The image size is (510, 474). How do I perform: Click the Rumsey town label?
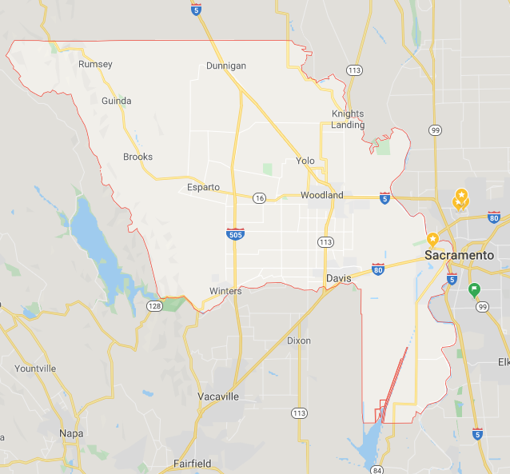tap(95, 64)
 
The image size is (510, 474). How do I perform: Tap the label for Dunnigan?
tap(226, 66)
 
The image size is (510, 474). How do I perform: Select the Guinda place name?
tap(117, 101)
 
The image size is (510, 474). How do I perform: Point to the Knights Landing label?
tap(348, 119)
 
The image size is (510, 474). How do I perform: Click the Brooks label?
tap(137, 157)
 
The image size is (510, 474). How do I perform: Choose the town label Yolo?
tap(305, 160)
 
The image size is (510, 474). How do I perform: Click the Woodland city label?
tap(322, 195)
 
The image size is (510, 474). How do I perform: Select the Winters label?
tap(225, 291)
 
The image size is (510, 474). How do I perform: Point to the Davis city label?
tap(339, 278)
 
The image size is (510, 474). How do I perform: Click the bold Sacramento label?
tap(460, 255)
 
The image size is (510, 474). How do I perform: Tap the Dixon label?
tap(299, 341)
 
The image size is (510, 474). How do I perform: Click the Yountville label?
tap(35, 368)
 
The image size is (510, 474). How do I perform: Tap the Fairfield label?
tap(193, 464)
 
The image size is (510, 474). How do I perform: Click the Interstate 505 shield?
tap(235, 233)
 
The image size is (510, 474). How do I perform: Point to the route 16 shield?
tap(259, 197)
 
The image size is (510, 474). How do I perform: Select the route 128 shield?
tap(153, 306)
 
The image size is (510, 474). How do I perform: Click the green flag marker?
tap(474, 289)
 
